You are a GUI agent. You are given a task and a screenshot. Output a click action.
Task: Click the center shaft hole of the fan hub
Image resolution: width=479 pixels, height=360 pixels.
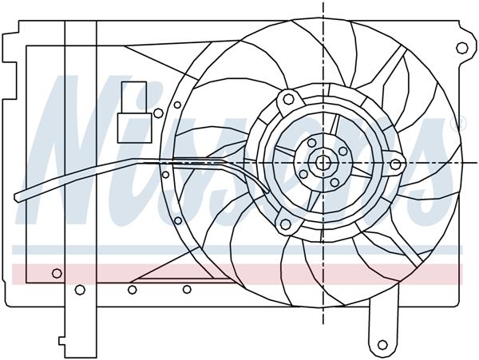(x=323, y=162)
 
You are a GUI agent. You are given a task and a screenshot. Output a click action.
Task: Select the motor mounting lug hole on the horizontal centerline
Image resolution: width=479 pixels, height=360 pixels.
(x=395, y=164)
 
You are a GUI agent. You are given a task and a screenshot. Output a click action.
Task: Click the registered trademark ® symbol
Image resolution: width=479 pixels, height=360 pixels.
(x=457, y=125)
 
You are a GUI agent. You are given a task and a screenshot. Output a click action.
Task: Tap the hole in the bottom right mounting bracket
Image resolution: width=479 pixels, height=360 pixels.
(x=382, y=346)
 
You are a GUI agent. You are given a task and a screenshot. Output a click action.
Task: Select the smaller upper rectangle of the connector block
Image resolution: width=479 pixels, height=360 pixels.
(x=133, y=94)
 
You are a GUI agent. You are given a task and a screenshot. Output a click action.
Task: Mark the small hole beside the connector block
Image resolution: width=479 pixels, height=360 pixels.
(x=178, y=104)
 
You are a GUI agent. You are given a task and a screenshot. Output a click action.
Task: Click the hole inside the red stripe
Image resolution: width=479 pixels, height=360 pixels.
(x=57, y=274)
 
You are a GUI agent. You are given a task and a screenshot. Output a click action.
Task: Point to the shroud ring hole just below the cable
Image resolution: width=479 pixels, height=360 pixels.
(x=165, y=175)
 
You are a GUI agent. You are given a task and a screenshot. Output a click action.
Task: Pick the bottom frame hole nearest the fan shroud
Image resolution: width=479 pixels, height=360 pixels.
(x=187, y=289)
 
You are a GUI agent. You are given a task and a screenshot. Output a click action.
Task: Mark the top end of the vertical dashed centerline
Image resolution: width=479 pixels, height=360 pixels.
(x=323, y=5)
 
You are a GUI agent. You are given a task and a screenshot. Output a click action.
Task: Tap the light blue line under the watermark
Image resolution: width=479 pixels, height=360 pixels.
(x=239, y=250)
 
